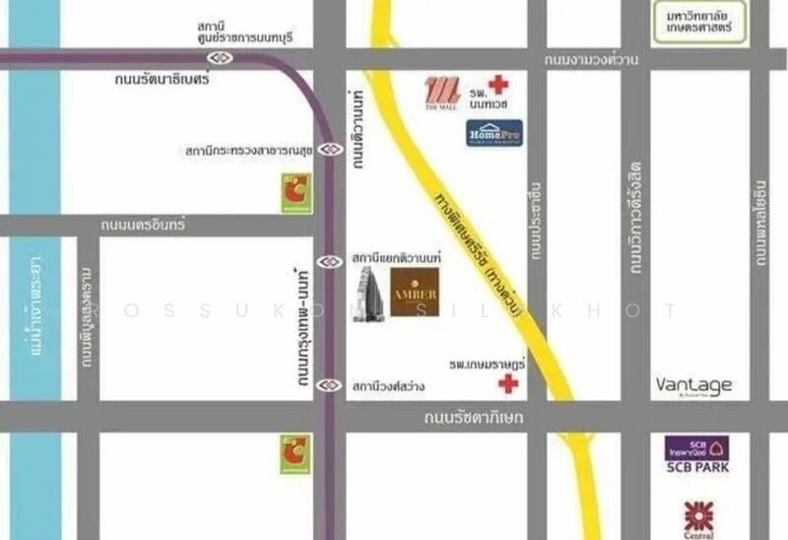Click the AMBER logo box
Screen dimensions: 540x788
click(x=415, y=292)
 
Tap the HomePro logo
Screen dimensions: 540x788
click(x=494, y=132)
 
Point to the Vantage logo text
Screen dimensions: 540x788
click(x=694, y=385)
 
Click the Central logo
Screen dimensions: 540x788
click(x=697, y=517)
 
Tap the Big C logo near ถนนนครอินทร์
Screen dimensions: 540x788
click(x=295, y=192)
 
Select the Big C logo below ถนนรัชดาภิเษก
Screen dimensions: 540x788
click(x=295, y=455)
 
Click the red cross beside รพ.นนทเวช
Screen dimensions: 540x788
click(x=498, y=85)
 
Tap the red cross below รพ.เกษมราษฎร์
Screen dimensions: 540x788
click(x=507, y=383)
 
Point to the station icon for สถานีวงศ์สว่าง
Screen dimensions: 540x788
click(x=330, y=385)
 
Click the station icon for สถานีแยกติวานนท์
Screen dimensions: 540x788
click(x=331, y=261)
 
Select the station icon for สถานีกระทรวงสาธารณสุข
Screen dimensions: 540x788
click(x=330, y=151)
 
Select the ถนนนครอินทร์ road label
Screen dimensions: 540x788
click(x=144, y=226)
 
